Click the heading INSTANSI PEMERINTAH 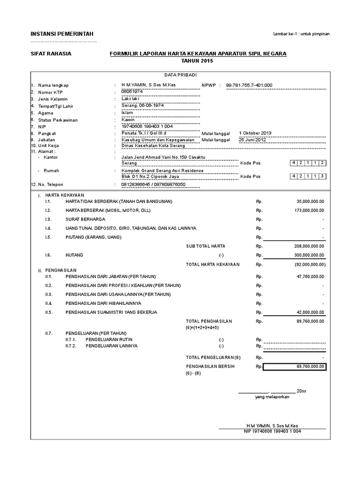[62, 34]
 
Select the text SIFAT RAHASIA [51, 54]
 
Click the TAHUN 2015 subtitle [197, 61]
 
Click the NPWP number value [249, 85]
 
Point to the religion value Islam [128, 113]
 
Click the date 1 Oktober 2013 [255, 133]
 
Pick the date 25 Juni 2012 [252, 140]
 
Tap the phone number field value [154, 185]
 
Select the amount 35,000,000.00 [310, 202]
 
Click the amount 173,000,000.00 [309, 210]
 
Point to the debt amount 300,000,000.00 [309, 255]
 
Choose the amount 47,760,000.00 [310, 276]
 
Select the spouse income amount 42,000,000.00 [310, 312]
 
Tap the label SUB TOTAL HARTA [206, 246]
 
